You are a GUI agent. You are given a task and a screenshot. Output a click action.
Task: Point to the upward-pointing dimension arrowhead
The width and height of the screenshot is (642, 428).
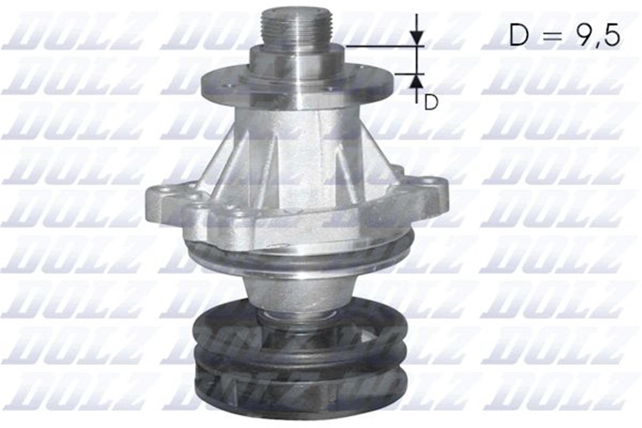[417, 81]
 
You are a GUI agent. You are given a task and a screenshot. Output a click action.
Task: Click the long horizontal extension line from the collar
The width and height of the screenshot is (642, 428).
[383, 47]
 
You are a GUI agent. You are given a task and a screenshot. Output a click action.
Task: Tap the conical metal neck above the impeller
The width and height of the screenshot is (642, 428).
[297, 292]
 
